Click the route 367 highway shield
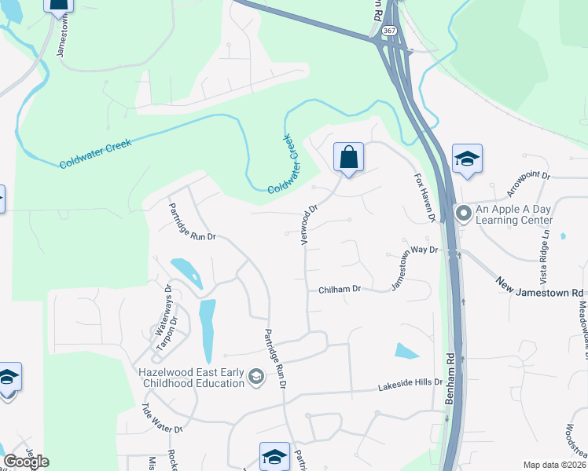388,30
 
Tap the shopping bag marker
348,158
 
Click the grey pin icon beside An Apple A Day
464,213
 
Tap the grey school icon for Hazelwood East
255,378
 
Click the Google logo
25,462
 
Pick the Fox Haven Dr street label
424,199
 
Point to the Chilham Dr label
340,290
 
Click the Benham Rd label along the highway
450,385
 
